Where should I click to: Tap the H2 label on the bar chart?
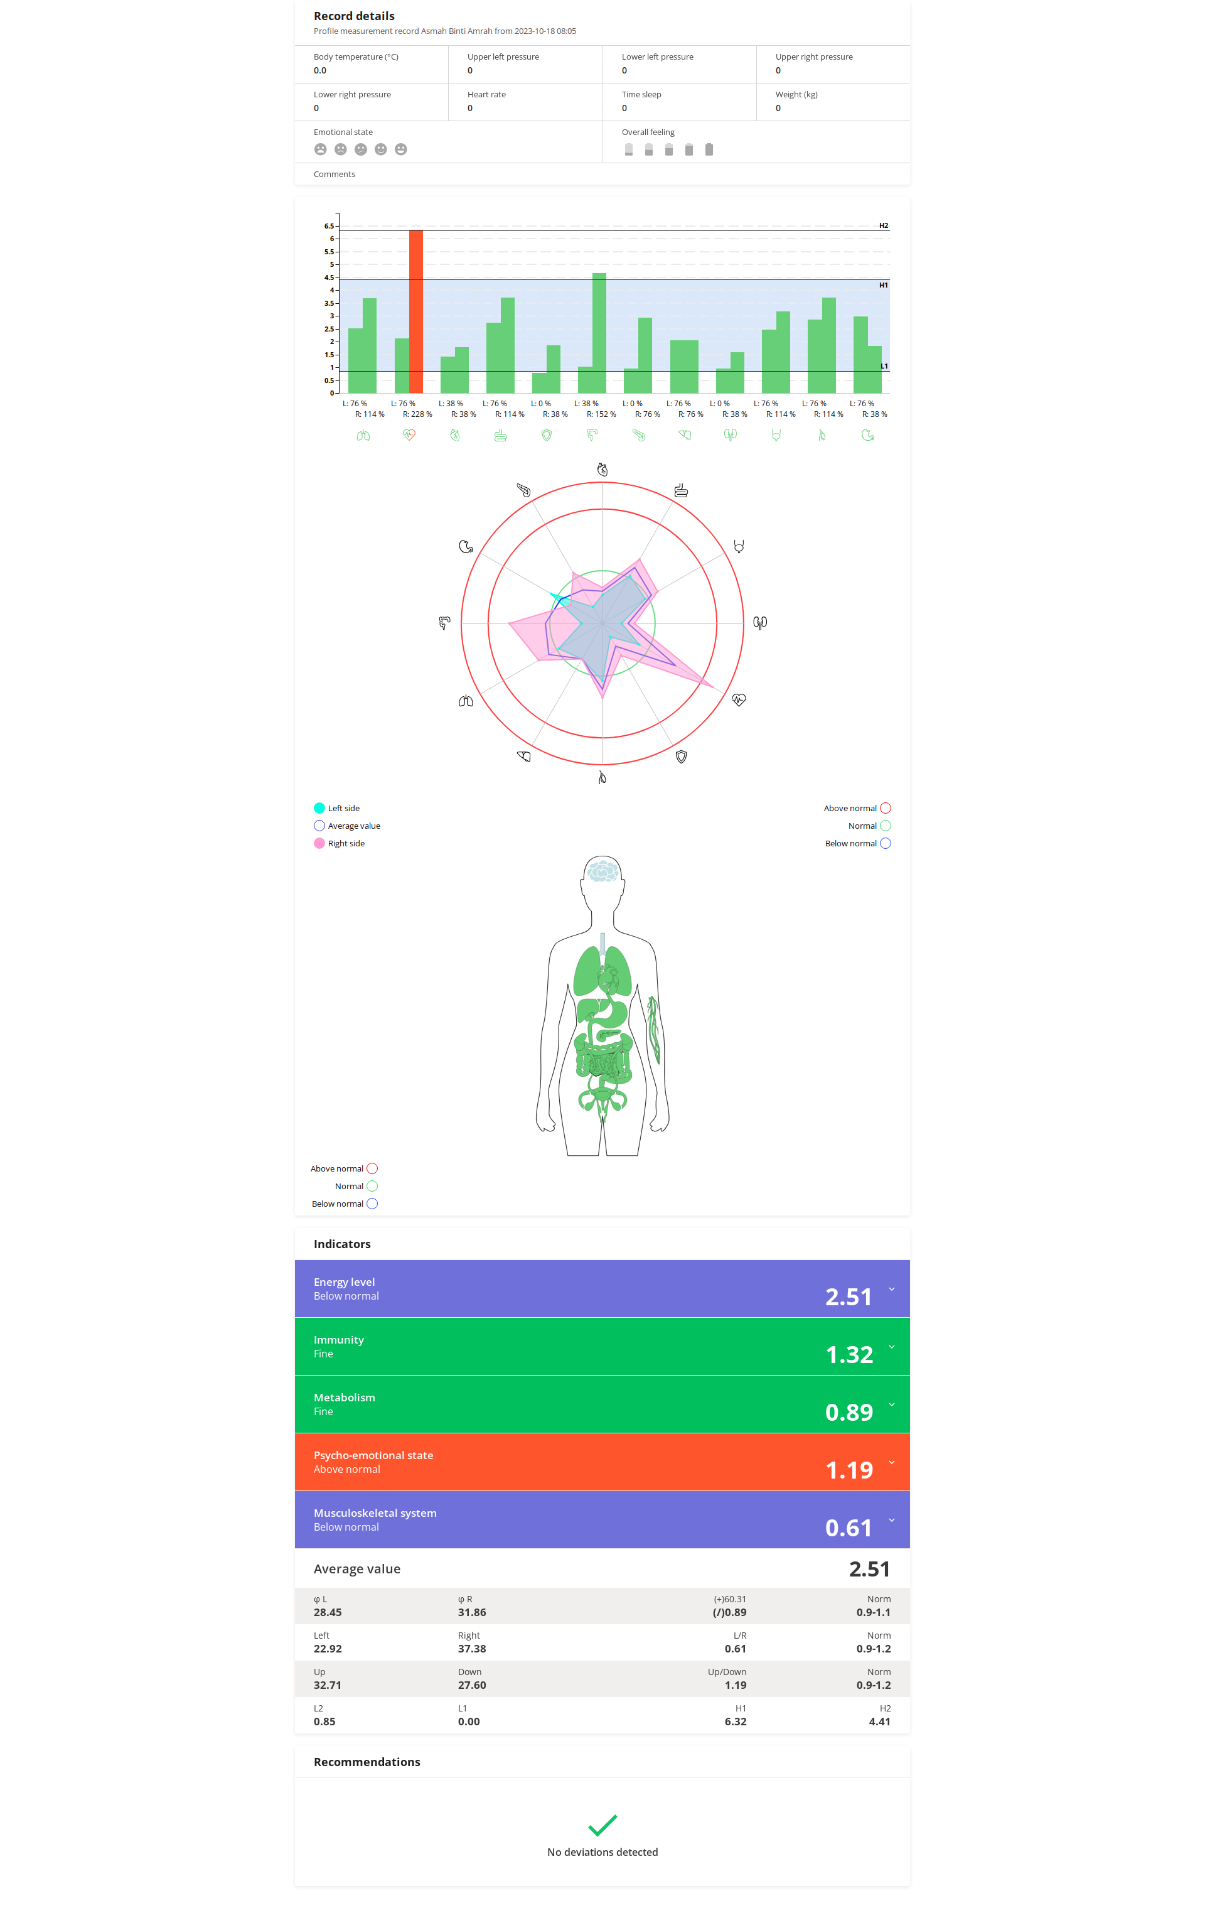[883, 226]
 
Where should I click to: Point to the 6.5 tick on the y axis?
[329, 226]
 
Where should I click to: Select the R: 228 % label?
[417, 414]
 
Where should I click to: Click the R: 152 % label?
[601, 414]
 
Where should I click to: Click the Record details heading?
[354, 16]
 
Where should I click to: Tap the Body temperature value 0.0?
[320, 70]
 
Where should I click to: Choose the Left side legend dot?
[319, 808]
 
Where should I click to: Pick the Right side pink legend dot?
[319, 843]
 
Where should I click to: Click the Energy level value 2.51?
[849, 1296]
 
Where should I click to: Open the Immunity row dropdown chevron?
[892, 1347]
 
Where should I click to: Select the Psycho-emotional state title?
[373, 1455]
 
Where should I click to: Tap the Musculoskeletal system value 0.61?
[849, 1528]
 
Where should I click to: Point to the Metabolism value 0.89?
[849, 1412]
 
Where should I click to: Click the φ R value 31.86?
[472, 1612]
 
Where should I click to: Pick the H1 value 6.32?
[735, 1722]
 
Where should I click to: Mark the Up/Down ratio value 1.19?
[735, 1685]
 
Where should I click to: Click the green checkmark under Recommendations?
[602, 1826]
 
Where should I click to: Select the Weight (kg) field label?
[796, 94]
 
